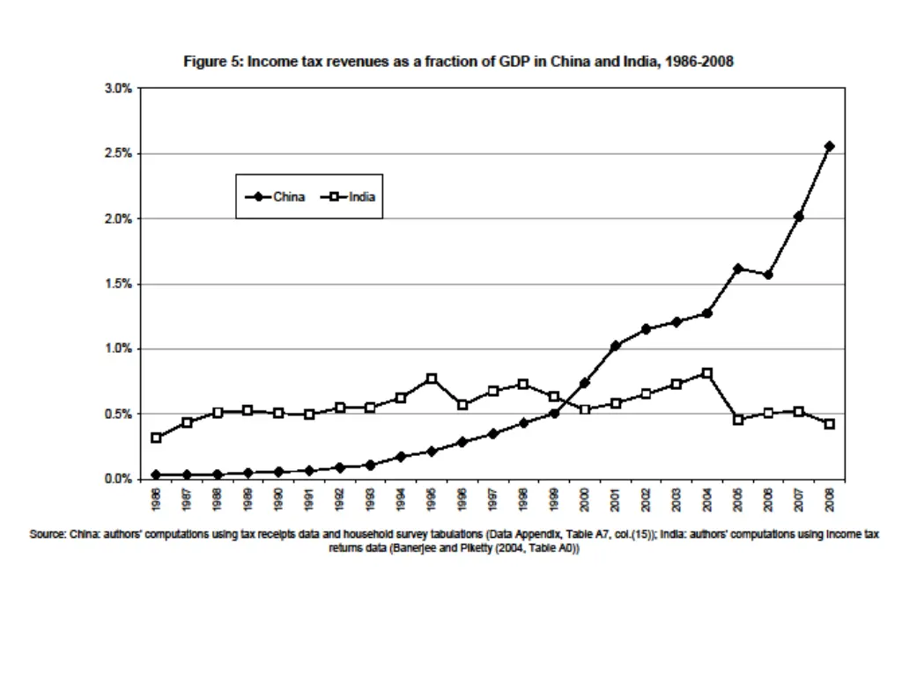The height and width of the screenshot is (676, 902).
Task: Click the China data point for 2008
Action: click(829, 146)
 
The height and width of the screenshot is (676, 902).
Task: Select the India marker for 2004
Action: click(706, 373)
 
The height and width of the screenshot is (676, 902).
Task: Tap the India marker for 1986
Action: click(156, 437)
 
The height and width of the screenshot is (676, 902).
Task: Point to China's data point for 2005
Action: click(737, 268)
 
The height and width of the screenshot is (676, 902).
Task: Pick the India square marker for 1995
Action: click(432, 378)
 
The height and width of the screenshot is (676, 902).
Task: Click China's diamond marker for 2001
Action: click(615, 345)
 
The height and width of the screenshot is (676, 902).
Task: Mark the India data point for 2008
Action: click(829, 424)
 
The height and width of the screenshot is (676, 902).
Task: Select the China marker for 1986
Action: click(156, 474)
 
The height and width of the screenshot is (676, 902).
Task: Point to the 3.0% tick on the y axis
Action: click(118, 88)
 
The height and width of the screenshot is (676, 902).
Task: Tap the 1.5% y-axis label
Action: click(118, 283)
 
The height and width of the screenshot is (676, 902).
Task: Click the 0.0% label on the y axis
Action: click(118, 479)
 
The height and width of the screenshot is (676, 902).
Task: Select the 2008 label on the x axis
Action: click(829, 499)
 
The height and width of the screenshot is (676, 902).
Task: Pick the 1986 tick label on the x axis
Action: click(156, 499)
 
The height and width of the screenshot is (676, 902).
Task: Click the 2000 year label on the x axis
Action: click(584, 499)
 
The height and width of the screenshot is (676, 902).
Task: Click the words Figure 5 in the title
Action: click(212, 62)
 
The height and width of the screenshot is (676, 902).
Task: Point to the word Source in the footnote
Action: click(48, 534)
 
